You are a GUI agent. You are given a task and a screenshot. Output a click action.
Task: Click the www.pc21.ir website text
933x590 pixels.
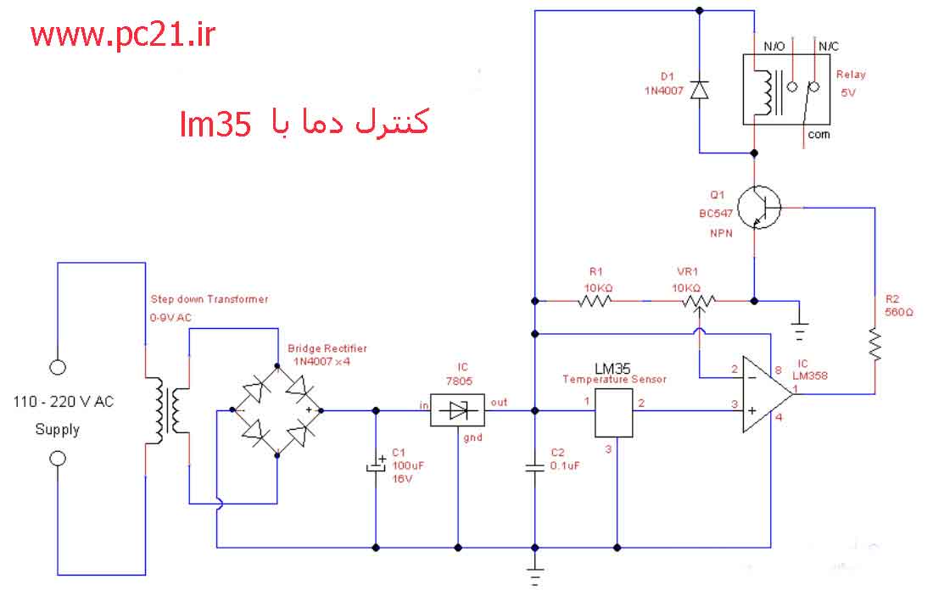123,36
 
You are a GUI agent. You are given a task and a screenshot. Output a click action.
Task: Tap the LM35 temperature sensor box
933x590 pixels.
613,413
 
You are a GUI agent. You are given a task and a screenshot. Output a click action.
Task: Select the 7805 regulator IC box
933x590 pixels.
457,410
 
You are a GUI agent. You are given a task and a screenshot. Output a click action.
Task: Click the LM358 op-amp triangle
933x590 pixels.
768,393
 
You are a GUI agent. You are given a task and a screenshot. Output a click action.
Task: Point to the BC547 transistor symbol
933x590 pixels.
759,208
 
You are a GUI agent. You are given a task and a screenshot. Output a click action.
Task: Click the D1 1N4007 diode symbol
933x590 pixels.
699,90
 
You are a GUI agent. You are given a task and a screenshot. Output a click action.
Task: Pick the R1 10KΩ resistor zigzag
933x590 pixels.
595,301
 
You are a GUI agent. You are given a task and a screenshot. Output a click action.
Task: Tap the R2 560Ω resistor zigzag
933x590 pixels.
874,343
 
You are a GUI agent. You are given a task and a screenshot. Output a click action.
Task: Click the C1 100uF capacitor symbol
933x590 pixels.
376,465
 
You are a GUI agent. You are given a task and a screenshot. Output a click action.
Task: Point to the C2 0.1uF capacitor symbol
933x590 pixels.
535,467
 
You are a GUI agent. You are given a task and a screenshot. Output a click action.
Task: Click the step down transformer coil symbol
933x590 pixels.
168,410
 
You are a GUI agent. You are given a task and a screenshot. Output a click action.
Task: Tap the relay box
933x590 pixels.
786,89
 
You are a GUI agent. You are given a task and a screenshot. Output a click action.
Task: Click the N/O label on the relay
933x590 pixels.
774,47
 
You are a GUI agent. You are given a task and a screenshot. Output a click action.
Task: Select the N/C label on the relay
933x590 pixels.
829,47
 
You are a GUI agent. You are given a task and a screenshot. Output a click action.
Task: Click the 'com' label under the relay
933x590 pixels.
818,135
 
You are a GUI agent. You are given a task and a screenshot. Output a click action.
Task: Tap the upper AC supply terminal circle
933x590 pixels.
58,368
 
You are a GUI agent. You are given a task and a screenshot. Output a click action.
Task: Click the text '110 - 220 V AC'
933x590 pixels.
63,402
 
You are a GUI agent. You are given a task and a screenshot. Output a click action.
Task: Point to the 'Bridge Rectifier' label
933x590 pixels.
327,348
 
